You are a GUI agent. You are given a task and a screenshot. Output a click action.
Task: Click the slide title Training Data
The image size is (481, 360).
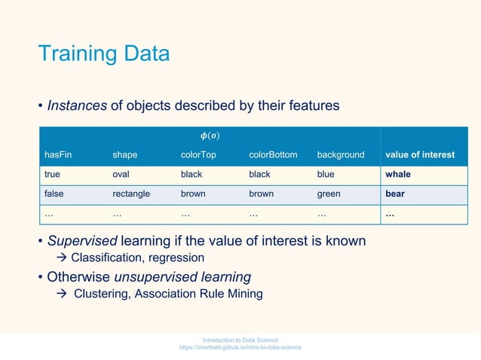(104, 55)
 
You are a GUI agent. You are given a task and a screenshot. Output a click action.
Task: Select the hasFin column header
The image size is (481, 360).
(58, 155)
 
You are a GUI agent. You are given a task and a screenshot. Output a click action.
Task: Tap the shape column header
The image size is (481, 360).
(125, 155)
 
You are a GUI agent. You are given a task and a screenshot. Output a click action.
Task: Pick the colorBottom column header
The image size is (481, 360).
(273, 155)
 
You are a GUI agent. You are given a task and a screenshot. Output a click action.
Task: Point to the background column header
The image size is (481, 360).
(340, 155)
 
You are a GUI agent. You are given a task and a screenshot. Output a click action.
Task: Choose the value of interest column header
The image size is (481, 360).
(420, 155)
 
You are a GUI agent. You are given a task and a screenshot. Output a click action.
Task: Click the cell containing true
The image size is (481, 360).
(53, 174)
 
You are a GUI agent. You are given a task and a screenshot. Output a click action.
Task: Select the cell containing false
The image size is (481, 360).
(54, 194)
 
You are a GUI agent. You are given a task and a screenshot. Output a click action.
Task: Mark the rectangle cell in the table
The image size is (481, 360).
(131, 194)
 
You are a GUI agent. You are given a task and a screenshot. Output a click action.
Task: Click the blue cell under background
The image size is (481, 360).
(326, 174)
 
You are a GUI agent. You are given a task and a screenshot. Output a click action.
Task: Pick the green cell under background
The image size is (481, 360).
(329, 194)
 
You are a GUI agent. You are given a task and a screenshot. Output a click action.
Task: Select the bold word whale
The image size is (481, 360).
(399, 174)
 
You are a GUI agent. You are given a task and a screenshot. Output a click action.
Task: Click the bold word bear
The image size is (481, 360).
(395, 194)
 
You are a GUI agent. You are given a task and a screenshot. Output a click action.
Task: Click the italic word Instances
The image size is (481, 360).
(77, 106)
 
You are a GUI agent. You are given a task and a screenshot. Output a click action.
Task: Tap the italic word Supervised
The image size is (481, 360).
(80, 241)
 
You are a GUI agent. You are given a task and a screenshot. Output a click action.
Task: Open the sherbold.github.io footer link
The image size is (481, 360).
(240, 347)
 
